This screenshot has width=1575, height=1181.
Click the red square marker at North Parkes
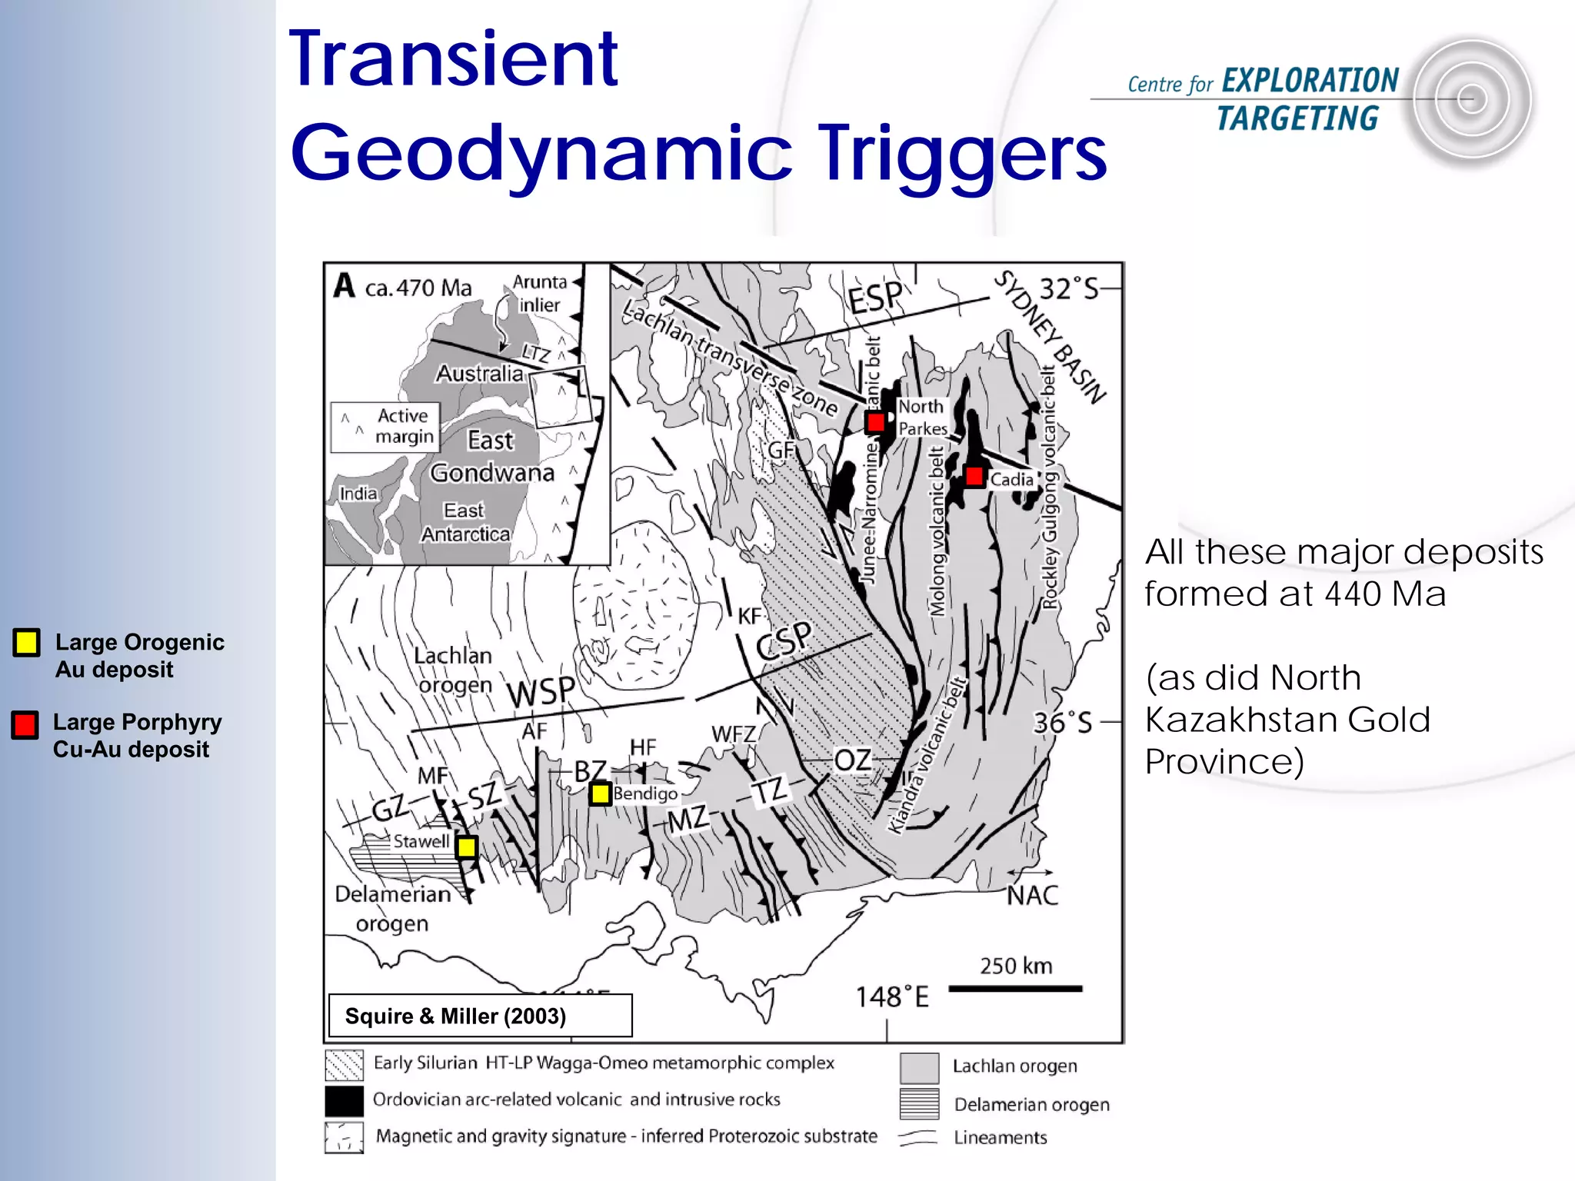click(875, 422)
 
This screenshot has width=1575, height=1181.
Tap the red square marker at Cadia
click(974, 476)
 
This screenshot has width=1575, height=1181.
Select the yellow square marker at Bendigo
click(600, 793)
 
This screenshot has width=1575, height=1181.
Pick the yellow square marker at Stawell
click(466, 847)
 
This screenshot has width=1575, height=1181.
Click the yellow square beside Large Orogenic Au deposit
click(26, 642)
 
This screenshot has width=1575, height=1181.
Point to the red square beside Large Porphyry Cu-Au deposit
click(25, 724)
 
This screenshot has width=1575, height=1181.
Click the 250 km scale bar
click(1015, 989)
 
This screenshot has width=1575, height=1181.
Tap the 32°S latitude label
click(1069, 289)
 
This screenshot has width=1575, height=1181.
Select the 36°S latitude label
click(1062, 723)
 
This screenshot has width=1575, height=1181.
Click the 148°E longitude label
click(892, 997)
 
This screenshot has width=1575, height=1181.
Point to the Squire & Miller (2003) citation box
click(480, 1016)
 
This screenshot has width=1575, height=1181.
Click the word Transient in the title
click(454, 58)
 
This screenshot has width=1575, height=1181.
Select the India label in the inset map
click(358, 494)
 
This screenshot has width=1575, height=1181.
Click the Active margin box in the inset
click(385, 426)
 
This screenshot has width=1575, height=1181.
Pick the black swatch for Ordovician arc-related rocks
click(344, 1100)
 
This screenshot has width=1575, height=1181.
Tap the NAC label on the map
click(1032, 895)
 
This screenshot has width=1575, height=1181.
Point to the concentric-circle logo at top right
click(1471, 100)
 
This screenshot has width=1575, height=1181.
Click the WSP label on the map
click(541, 691)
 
